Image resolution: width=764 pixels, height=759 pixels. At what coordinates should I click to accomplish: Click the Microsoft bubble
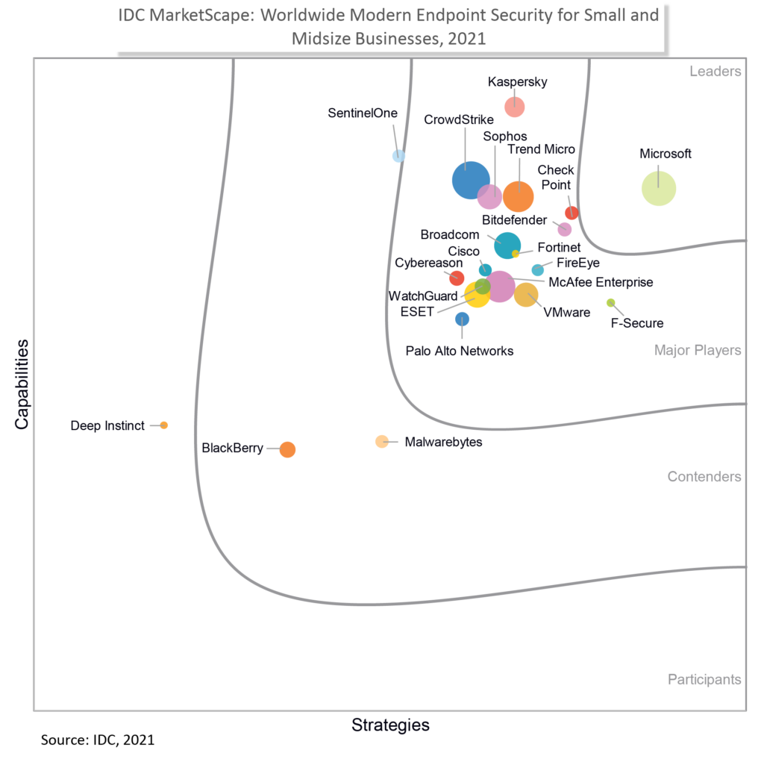click(x=659, y=188)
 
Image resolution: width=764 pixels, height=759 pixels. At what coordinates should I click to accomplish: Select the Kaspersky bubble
click(x=514, y=107)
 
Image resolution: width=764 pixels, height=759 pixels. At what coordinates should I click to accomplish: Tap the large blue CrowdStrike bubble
click(x=469, y=180)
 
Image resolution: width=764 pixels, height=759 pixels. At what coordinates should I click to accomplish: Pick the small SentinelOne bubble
click(x=399, y=156)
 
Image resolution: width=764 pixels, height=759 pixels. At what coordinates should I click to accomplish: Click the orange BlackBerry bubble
click(x=287, y=449)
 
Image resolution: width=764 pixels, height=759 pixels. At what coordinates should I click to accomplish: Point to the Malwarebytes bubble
click(x=381, y=441)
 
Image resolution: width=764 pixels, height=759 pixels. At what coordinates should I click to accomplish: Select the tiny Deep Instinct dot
click(x=164, y=425)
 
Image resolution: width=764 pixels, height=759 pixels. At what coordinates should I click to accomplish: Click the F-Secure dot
click(x=610, y=302)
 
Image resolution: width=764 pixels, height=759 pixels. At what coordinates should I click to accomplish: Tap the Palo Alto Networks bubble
click(x=462, y=319)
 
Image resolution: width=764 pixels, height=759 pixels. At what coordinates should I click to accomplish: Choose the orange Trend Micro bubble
click(x=518, y=197)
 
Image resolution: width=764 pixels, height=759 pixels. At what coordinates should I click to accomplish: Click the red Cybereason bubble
click(x=457, y=278)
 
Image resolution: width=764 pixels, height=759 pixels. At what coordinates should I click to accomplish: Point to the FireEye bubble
click(x=537, y=270)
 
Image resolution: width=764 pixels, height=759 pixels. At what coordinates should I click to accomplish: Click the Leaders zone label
click(x=715, y=72)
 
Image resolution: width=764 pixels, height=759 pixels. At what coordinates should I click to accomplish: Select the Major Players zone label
click(x=697, y=350)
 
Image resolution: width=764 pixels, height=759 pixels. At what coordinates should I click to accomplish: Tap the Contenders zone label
click(x=704, y=476)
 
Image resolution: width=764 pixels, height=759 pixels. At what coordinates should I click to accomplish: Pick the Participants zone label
click(x=704, y=679)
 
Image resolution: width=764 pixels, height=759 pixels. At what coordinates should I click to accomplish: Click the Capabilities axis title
click(x=22, y=384)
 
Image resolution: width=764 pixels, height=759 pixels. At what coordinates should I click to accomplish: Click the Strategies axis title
click(x=390, y=725)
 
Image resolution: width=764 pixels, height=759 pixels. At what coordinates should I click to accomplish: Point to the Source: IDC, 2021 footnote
click(x=97, y=741)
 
